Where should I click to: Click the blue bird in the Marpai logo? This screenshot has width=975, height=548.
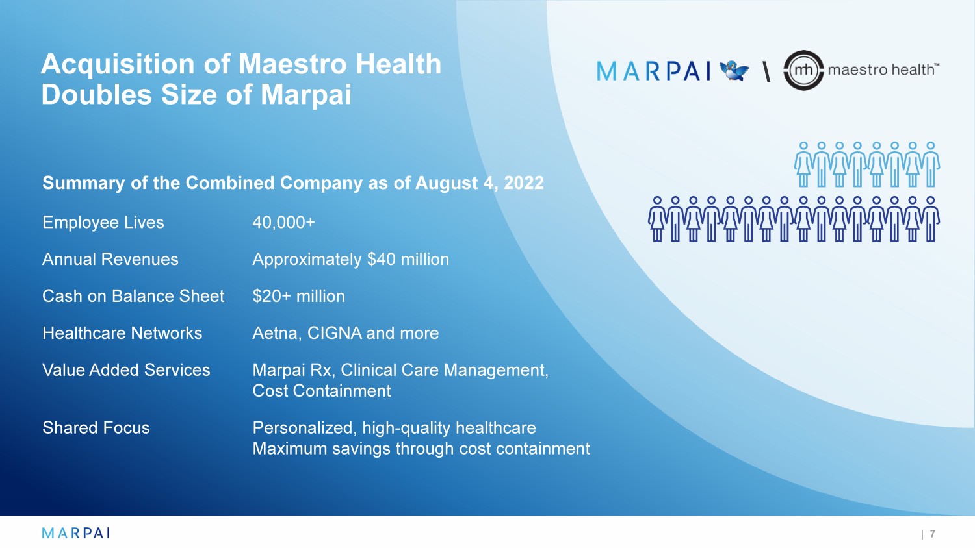click(734, 71)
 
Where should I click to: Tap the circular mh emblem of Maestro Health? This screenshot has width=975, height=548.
click(803, 70)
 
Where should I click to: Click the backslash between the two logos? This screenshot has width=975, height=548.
click(766, 71)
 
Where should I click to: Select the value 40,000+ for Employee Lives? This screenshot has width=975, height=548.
click(283, 222)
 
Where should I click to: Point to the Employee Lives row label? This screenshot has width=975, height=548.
click(103, 222)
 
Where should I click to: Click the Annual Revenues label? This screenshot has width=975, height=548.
click(110, 259)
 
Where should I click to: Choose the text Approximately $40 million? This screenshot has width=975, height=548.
click(351, 260)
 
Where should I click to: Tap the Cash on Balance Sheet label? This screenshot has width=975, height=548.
click(133, 296)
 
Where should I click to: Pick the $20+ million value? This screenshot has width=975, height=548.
click(298, 296)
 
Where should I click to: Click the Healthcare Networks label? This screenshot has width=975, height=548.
click(122, 333)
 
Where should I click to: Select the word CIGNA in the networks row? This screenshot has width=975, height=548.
click(334, 333)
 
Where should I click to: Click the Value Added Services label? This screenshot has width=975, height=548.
click(126, 370)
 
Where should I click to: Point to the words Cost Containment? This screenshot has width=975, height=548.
click(322, 391)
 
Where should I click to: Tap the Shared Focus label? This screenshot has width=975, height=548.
click(96, 428)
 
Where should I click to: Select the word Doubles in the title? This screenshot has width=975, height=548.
click(97, 94)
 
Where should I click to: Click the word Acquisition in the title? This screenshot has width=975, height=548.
click(118, 64)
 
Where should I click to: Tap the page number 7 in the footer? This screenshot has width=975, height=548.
click(932, 533)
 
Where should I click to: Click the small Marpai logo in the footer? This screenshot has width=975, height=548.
click(76, 533)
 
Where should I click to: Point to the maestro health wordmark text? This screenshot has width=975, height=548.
click(883, 69)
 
